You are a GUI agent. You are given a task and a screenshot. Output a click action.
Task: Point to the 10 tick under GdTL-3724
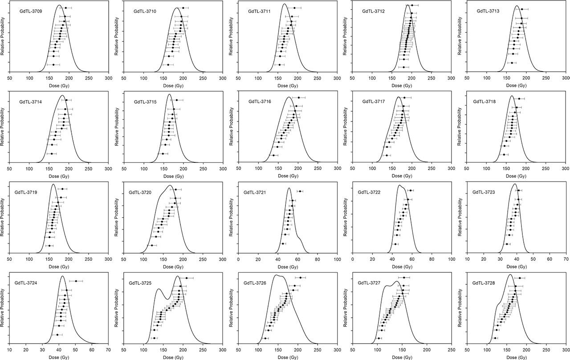click(9, 350)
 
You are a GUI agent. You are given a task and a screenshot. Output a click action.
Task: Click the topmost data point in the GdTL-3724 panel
click(76, 281)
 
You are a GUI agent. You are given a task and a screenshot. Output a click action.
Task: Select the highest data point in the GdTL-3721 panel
click(300, 191)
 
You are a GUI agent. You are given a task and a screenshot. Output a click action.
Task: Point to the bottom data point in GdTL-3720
click(151, 245)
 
